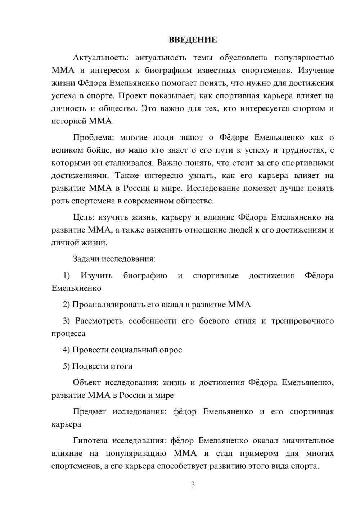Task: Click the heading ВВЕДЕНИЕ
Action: [193, 40]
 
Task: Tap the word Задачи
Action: [86, 259]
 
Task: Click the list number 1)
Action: [67, 276]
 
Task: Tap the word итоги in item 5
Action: [121, 366]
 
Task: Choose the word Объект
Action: [87, 383]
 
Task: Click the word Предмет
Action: [89, 412]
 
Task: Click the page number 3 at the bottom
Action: [193, 485]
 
